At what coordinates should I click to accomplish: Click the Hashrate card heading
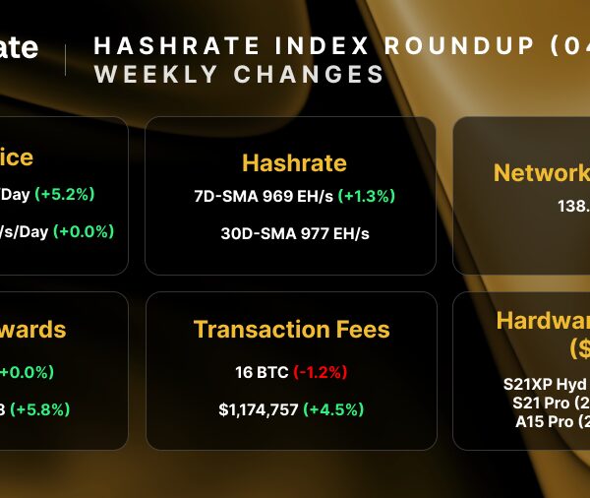294,162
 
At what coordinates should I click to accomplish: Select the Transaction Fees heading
291,330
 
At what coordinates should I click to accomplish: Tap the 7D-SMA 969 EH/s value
264,196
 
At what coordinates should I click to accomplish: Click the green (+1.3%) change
366,196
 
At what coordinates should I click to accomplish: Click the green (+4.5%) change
333,409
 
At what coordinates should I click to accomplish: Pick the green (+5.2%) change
65,194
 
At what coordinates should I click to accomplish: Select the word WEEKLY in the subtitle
151,75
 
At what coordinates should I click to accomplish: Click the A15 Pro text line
552,421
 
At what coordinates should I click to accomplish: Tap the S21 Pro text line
550,404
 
